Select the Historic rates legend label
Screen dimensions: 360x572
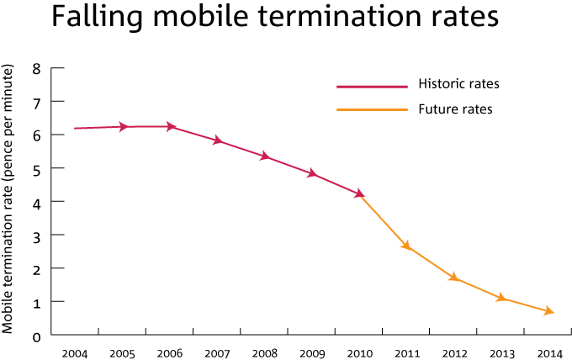pos(458,84)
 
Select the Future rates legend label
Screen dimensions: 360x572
pos(455,109)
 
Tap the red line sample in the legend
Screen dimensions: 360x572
pos(372,86)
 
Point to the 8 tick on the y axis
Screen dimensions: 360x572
pos(36,68)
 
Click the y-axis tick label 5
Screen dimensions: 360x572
pos(36,168)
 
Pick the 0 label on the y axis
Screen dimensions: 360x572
pos(36,336)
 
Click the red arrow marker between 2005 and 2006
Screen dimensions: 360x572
pos(123,127)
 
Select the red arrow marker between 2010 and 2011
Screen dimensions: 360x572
pos(360,193)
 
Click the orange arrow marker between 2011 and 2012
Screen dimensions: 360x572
pos(407,246)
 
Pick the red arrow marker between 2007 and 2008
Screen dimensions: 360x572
pos(218,140)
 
